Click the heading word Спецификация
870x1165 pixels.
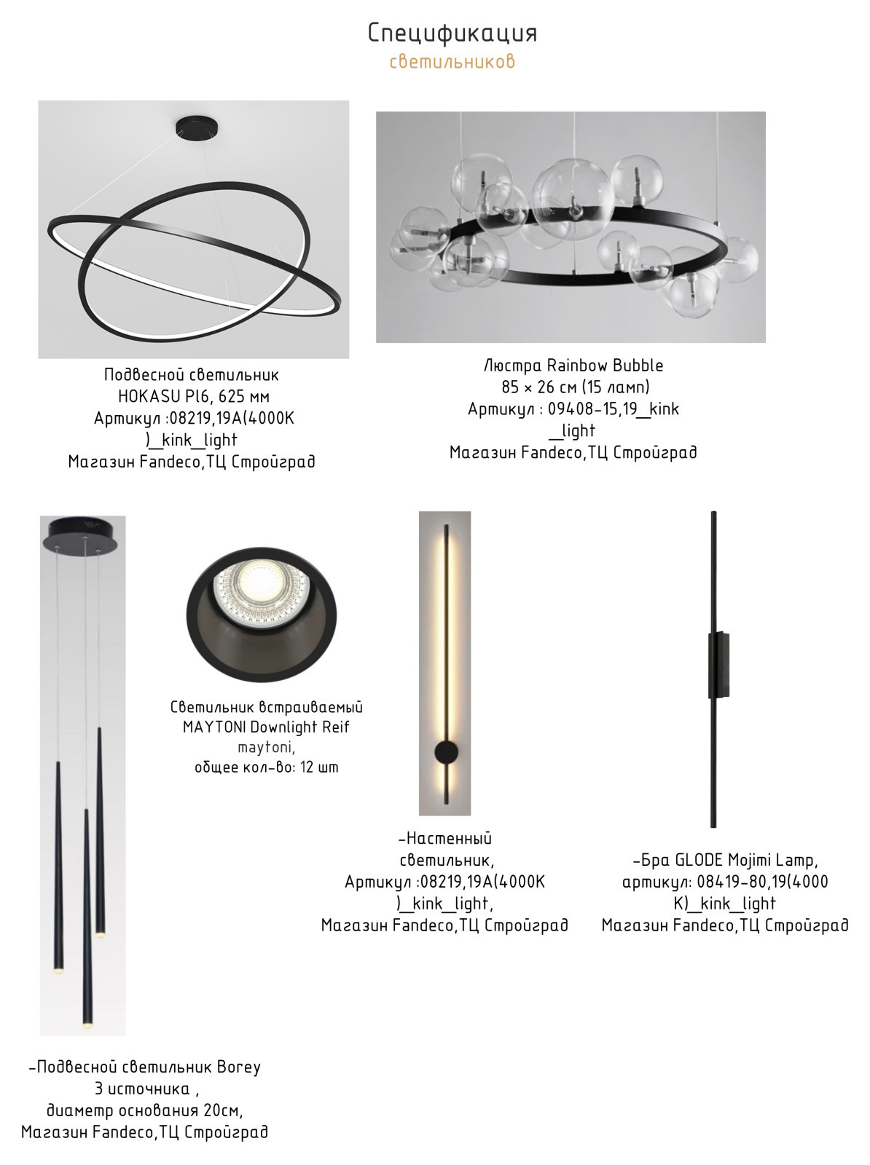click(452, 33)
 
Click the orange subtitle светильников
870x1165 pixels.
click(452, 61)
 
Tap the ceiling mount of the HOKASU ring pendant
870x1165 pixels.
click(197, 129)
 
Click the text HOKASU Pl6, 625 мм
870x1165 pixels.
click(194, 397)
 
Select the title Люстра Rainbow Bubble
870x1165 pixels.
click(573, 366)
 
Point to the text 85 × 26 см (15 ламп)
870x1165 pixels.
click(575, 387)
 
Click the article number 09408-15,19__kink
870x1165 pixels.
click(614, 408)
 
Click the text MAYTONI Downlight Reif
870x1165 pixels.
click(266, 727)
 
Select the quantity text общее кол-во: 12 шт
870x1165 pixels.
click(266, 767)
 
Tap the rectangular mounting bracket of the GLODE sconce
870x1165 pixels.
click(719, 665)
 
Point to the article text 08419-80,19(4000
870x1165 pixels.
click(762, 882)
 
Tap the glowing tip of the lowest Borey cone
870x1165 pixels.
click(87, 1026)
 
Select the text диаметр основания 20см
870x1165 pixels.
click(144, 1110)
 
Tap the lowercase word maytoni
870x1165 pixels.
click(266, 747)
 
